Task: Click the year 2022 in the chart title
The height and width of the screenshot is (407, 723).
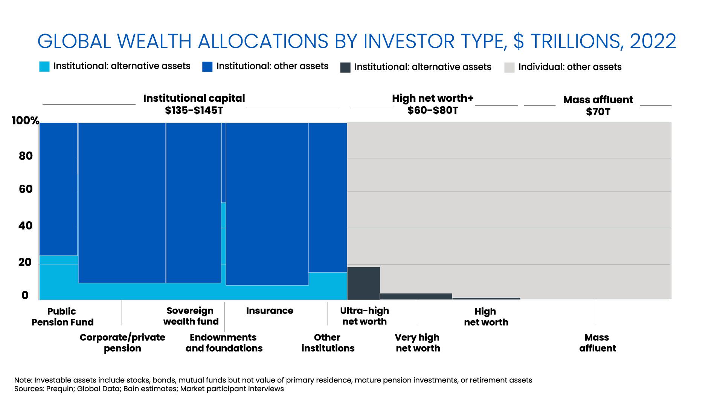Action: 653,41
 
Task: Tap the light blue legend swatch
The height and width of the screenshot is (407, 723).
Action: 44,67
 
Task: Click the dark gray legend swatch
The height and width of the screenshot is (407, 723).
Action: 345,67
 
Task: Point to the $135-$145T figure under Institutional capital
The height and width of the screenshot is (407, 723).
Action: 194,110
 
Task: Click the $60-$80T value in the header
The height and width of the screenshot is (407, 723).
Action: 433,110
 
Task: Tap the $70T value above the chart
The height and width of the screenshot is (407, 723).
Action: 598,112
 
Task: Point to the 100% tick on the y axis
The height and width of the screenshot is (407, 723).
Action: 26,121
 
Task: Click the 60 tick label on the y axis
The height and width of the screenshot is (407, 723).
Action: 26,189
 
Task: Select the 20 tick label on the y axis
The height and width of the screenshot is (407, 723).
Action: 25,262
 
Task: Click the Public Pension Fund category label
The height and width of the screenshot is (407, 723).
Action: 62,317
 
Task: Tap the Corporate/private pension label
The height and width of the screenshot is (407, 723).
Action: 122,343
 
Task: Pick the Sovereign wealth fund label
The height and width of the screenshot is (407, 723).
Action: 191,316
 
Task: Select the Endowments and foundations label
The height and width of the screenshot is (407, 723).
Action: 224,343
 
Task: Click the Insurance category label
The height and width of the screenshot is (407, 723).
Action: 270,311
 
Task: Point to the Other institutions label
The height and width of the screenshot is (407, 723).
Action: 328,343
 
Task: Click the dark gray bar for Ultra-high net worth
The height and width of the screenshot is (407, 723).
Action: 363,283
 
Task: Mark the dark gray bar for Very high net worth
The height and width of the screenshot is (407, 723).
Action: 416,297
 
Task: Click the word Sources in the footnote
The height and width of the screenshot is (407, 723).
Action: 29,389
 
